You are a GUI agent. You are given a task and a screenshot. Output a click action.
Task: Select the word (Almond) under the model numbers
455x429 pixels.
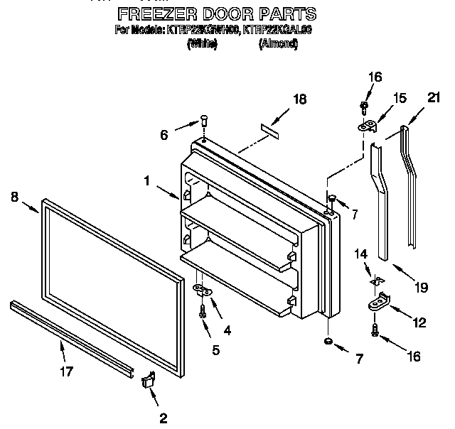279,44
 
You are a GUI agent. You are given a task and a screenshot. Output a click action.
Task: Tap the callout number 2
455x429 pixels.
163,418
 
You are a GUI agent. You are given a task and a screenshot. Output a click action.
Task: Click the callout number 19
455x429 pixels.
422,287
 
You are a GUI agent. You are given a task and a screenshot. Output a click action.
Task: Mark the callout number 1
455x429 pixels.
147,181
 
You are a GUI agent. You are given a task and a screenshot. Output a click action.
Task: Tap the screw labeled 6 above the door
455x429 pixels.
203,121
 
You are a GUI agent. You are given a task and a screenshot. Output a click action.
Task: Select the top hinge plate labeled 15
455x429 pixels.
368,126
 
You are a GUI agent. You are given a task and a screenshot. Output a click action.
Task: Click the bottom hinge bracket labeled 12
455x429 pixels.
377,303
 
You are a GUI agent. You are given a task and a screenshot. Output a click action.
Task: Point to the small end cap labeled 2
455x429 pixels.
148,381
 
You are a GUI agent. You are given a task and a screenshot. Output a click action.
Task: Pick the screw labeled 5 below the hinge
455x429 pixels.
203,309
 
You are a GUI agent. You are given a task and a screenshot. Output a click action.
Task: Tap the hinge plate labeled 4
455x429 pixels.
202,289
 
